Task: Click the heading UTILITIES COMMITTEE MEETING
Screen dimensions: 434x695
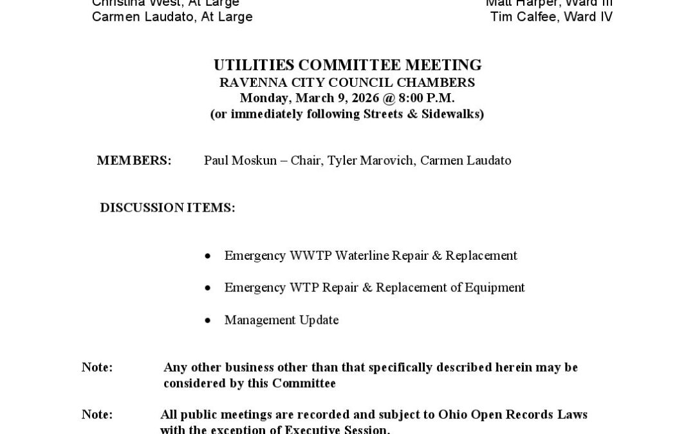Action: coord(347,66)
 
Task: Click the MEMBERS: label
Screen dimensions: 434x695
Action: coord(134,161)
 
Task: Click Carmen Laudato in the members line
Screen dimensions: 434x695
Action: coord(465,161)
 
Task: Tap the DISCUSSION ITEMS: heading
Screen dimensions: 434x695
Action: coord(167,208)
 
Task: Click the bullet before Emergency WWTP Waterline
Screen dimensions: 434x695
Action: coord(207,257)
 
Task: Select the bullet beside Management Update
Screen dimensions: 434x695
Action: coord(207,321)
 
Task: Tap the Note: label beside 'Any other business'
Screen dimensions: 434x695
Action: coord(97,368)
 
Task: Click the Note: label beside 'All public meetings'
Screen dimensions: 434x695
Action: coord(97,415)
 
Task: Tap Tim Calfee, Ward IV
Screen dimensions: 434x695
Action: coord(551,17)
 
